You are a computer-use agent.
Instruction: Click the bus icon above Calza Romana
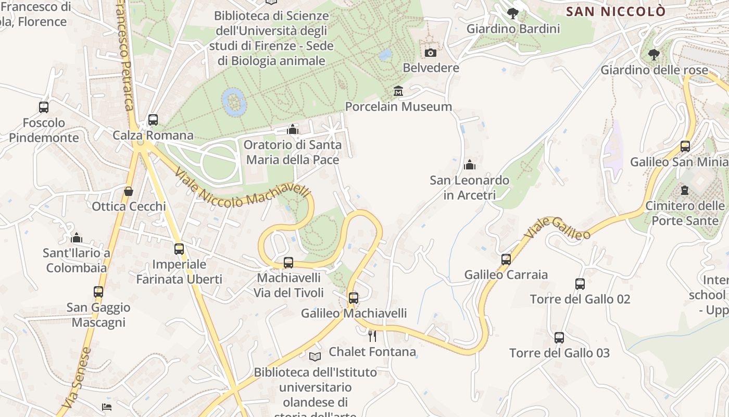[x=153, y=119]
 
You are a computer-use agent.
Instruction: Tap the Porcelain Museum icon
[x=398, y=91]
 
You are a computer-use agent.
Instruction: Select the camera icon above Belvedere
[x=431, y=53]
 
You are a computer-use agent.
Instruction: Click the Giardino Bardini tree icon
[x=513, y=14]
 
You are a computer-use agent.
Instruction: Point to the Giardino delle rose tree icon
[x=653, y=54]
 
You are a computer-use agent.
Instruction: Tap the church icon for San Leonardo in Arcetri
[x=470, y=165]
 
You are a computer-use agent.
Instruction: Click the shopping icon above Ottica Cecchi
[x=129, y=191]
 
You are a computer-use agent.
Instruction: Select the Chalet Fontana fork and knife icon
[x=372, y=336]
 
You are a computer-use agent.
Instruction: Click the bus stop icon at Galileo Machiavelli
[x=354, y=298]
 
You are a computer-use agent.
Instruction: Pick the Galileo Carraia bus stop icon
[x=506, y=259]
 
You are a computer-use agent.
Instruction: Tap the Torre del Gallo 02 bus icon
[x=580, y=284]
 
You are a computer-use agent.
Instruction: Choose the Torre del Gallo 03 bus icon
[x=559, y=338]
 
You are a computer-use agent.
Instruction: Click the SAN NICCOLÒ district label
[x=615, y=11]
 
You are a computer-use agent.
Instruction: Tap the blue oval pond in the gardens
[x=234, y=102]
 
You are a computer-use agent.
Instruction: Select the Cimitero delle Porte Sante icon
[x=685, y=190]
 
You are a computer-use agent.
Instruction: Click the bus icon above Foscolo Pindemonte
[x=44, y=107]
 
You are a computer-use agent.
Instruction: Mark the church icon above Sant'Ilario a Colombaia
[x=77, y=238]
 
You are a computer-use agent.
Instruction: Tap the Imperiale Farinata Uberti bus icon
[x=179, y=249]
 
